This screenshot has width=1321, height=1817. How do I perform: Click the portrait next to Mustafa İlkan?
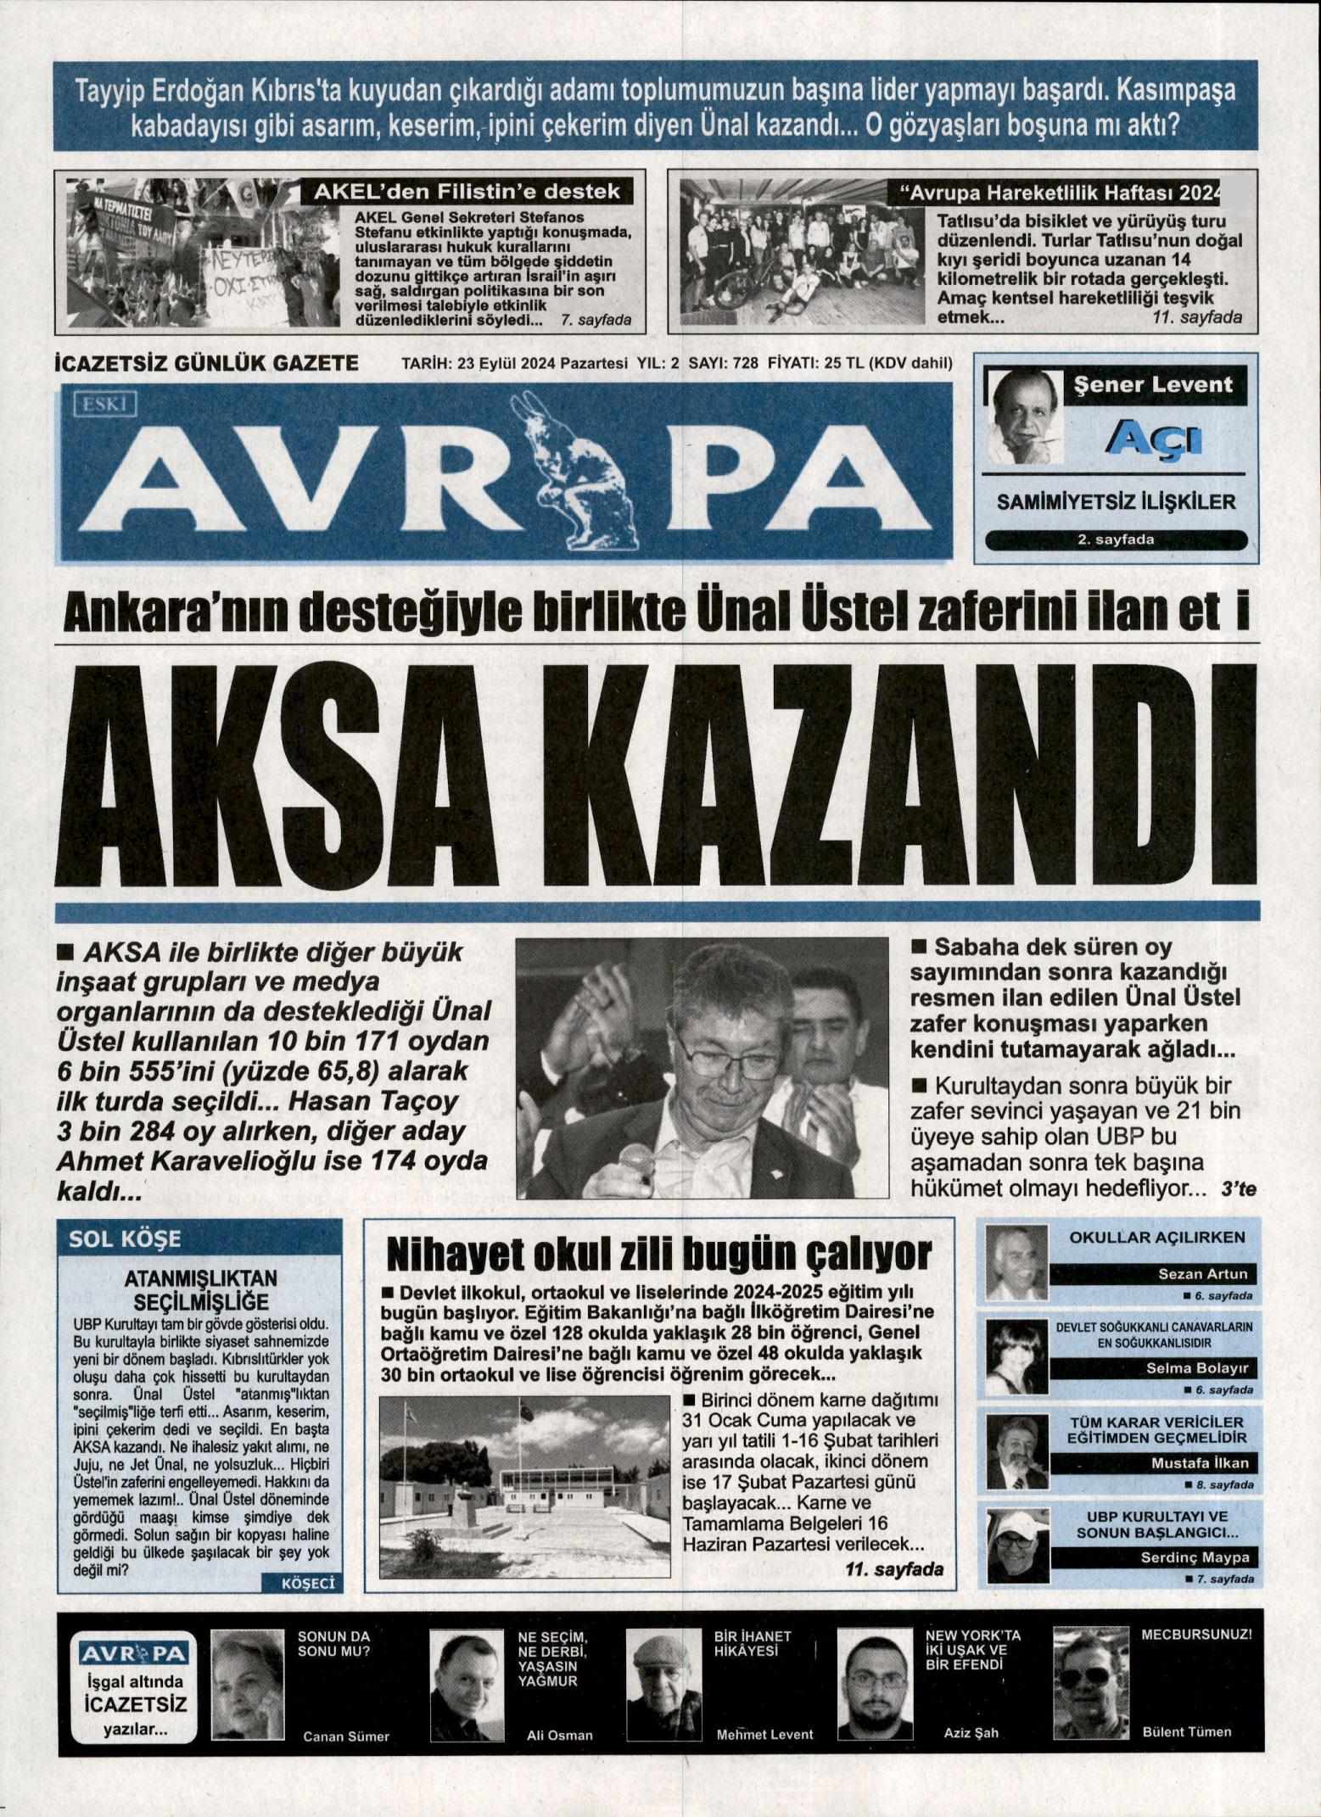point(1014,1456)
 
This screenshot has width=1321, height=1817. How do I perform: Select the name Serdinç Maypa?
point(1194,1557)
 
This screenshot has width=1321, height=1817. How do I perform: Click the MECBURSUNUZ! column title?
point(1196,1633)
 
